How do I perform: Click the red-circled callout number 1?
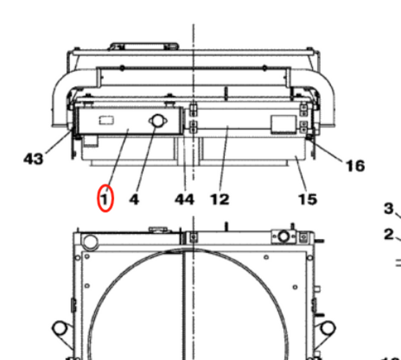[105, 199]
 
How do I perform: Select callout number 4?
[133, 200]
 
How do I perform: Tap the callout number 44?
[184, 200]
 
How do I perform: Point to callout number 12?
[219, 200]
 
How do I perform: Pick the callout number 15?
[307, 200]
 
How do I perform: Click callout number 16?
[355, 166]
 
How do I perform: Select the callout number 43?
[33, 159]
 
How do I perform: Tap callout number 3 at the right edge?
[389, 208]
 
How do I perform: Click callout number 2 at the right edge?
[389, 235]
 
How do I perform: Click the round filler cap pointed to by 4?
[156, 121]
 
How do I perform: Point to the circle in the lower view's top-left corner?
[90, 240]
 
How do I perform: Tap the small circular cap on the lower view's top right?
[284, 236]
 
